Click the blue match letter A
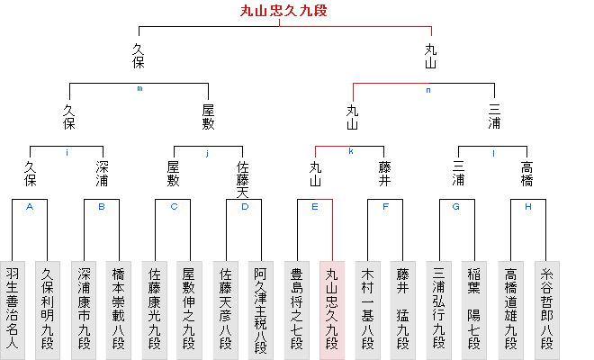pyautogui.click(x=30, y=206)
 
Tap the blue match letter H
pyautogui.click(x=527, y=206)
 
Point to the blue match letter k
pyautogui.click(x=350, y=151)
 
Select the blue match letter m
pyautogui.click(x=139, y=88)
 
